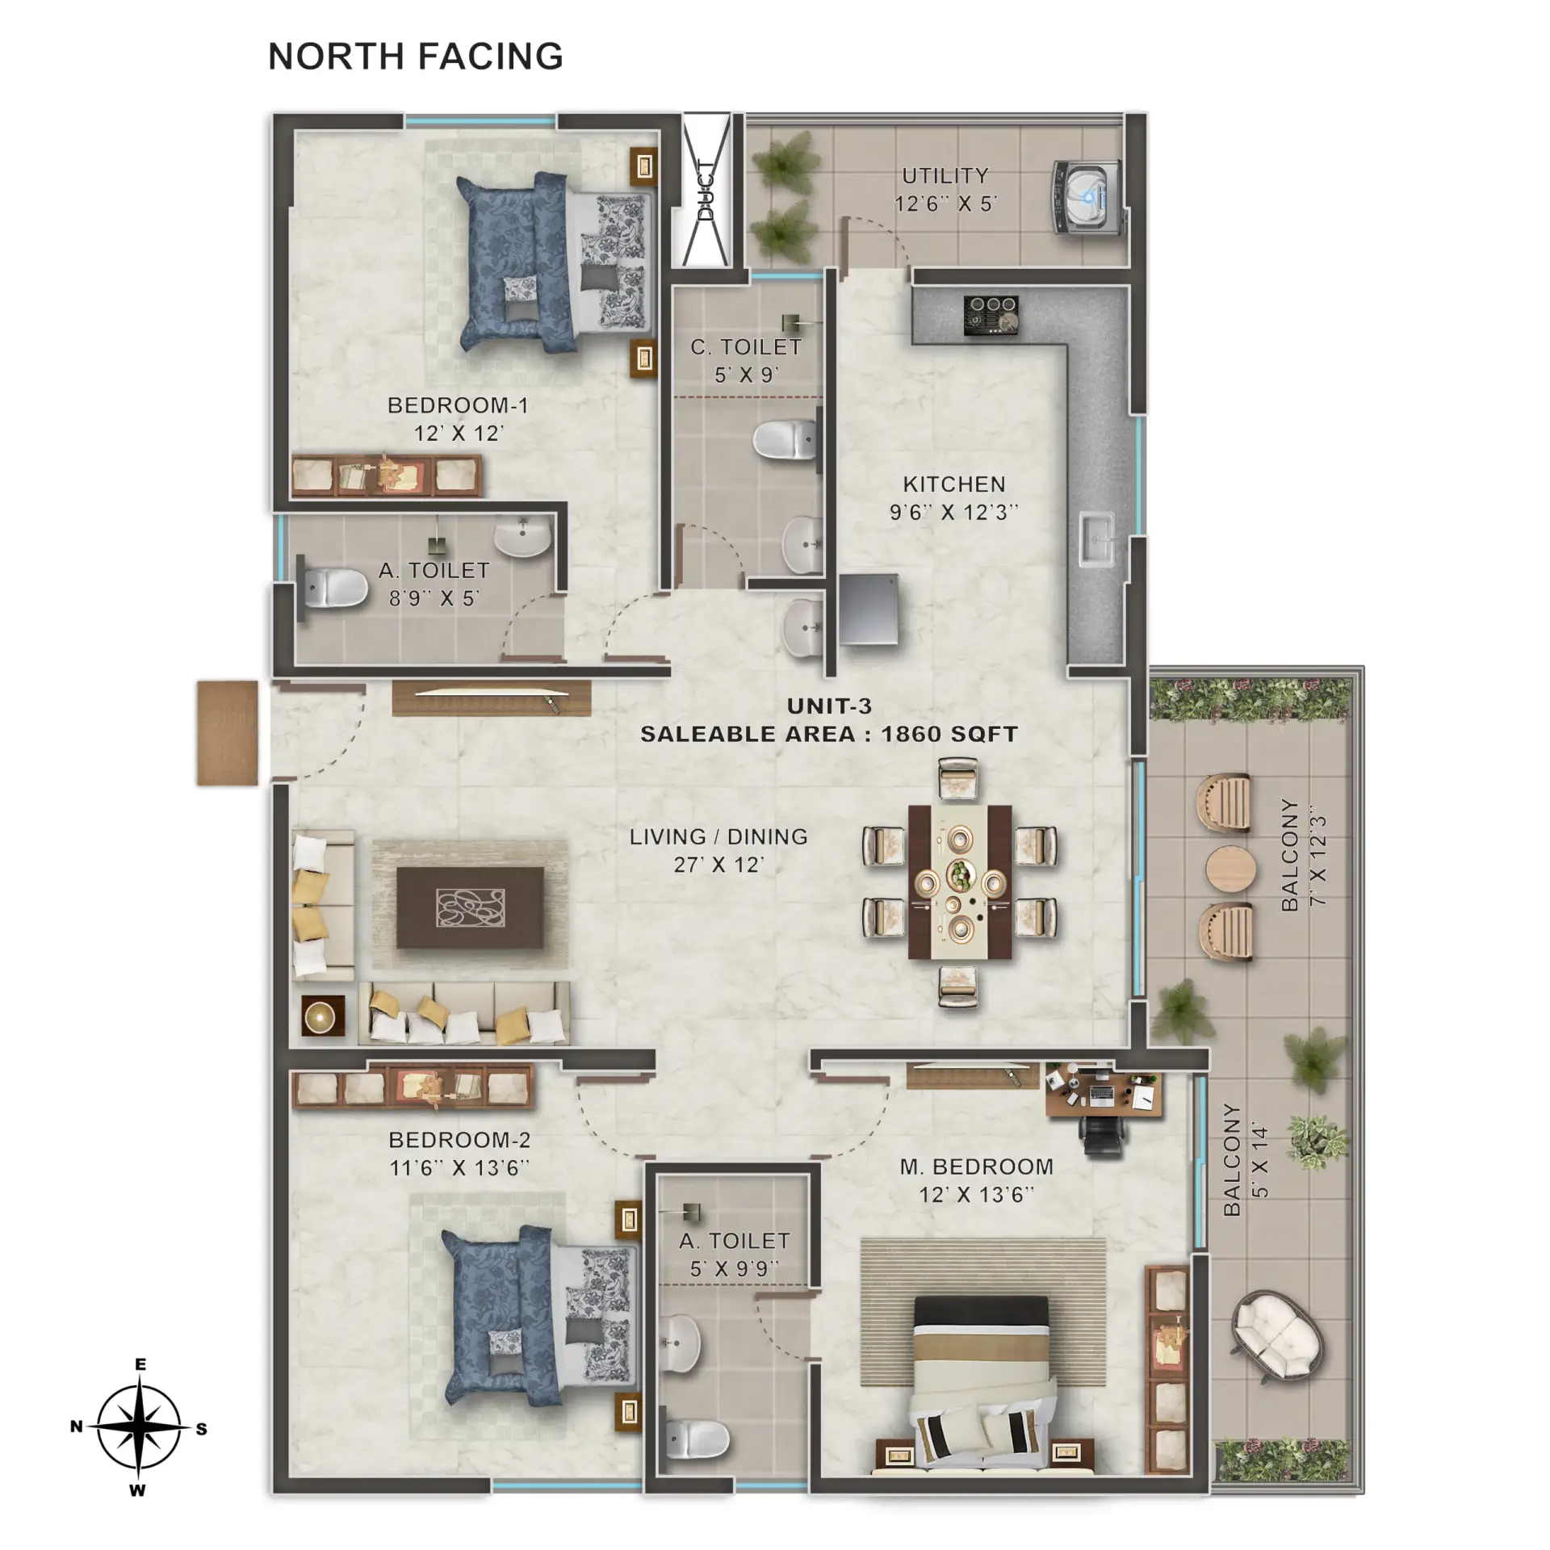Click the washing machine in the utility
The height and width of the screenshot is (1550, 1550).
[1089, 198]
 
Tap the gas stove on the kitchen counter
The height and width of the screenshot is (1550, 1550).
[991, 314]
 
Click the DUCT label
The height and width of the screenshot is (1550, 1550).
[706, 191]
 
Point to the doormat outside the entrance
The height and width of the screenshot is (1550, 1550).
[228, 733]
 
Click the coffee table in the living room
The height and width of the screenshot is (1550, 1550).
[470, 907]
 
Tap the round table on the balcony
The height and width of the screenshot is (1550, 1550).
[1231, 870]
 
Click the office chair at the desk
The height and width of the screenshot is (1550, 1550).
[1102, 1137]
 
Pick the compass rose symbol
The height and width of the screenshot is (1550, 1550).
[139, 1427]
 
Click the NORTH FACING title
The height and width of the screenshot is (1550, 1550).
[416, 57]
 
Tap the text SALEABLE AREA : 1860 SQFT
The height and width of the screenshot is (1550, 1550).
[829, 734]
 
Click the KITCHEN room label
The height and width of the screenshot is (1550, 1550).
[954, 484]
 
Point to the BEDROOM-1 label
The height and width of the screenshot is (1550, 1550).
[458, 405]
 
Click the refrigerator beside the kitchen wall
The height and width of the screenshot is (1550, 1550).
[869, 610]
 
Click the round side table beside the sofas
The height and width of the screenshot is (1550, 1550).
[323, 1016]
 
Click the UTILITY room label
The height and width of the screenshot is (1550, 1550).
[945, 175]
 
